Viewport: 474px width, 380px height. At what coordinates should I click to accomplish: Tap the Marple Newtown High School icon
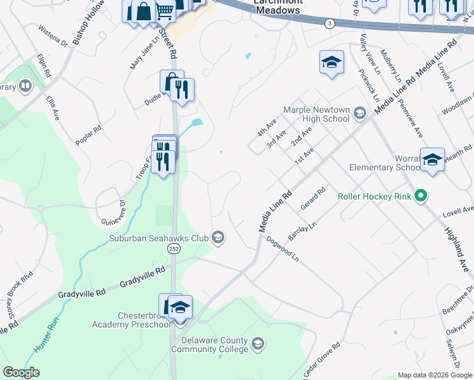tap(360, 114)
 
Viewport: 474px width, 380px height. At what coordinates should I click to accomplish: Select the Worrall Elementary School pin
tap(433, 160)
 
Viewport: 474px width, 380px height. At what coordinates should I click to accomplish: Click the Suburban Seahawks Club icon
tap(218, 237)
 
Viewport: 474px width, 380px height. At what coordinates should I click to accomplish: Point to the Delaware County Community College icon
tap(257, 344)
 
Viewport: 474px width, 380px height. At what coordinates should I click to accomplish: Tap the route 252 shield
tap(173, 250)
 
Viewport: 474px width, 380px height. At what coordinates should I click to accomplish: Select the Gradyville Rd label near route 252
tap(143, 274)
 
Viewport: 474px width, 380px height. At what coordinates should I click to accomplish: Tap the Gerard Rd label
tap(313, 199)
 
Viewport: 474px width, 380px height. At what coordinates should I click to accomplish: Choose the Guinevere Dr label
tap(113, 213)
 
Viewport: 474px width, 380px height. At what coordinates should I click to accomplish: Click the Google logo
tap(22, 372)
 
